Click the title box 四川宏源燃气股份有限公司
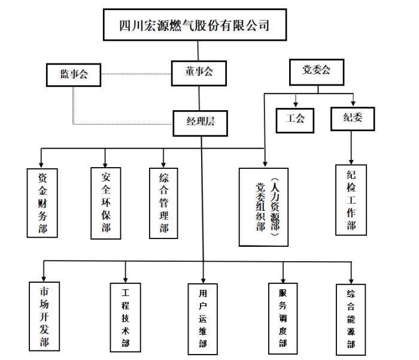pos(193,25)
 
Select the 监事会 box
pos(74,75)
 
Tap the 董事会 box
pos(199,72)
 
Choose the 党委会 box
pos(317,71)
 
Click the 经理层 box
pos(200,122)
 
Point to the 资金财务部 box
pos(42,204)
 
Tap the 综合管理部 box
pos(163,202)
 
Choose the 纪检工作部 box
pos(351,200)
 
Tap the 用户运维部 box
pos(203,317)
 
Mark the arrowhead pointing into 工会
pos(295,104)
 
